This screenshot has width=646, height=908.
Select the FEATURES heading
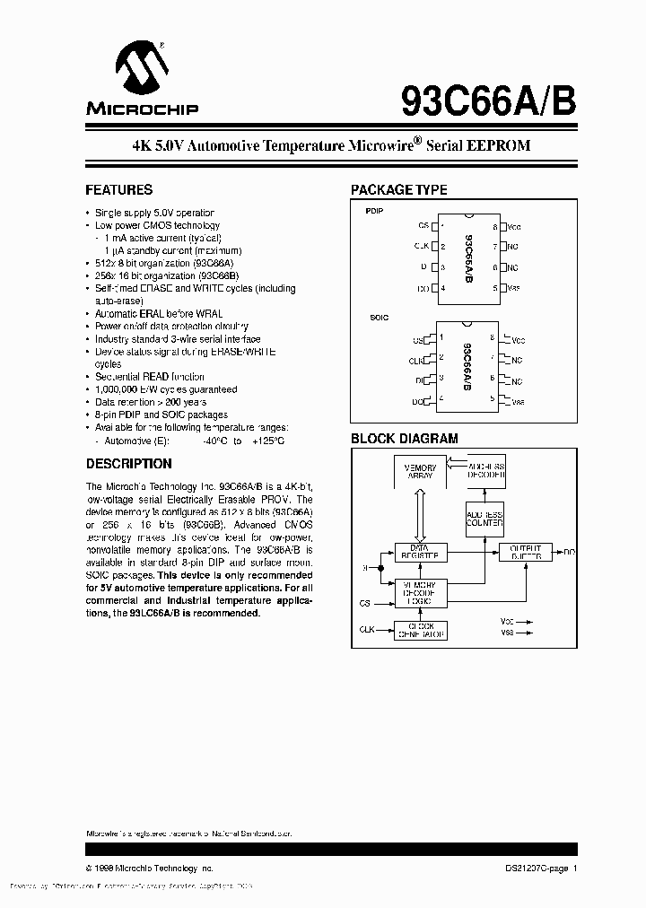coord(118,190)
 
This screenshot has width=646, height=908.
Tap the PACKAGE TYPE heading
coord(397,190)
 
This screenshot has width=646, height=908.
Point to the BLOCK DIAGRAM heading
coord(403,439)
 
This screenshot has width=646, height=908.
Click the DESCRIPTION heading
coord(128,464)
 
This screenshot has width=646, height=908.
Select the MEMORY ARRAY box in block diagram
coord(420,471)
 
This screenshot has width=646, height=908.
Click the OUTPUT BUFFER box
coord(525,552)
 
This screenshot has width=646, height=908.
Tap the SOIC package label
coord(378,318)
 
